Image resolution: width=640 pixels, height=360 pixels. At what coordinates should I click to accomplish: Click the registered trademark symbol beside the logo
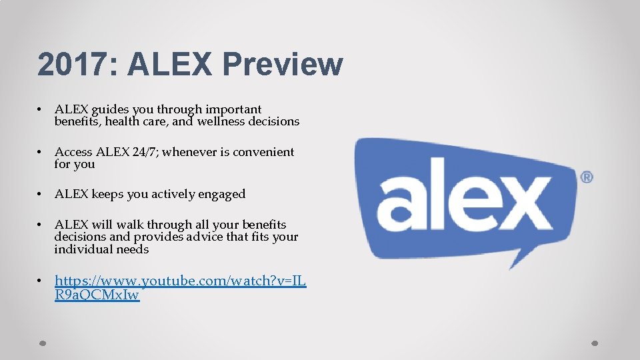coord(587,177)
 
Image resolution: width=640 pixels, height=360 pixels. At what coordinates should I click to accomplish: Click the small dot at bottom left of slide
coord(41,344)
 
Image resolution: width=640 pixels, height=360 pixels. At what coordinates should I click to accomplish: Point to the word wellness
coord(223,121)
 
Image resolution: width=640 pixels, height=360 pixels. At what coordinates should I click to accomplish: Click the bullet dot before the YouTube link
coord(41,281)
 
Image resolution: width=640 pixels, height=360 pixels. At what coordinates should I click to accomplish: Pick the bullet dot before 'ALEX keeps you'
coord(41,194)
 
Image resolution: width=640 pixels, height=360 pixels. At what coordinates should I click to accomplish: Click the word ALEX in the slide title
coord(167,65)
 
